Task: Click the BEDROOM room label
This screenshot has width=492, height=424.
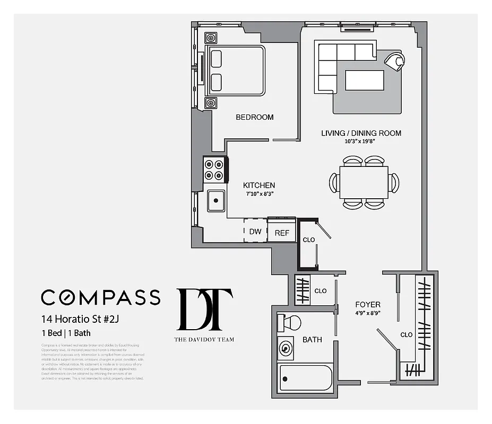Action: (x=255, y=117)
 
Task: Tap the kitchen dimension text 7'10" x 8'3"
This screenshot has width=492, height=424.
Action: (x=259, y=195)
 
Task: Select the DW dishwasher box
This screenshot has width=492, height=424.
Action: (x=255, y=232)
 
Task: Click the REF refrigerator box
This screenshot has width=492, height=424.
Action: (x=281, y=232)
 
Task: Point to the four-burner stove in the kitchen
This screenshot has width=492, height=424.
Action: (x=214, y=170)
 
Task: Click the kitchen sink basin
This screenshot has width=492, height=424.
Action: (x=215, y=201)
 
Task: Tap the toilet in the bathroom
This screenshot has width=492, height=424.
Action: (x=289, y=322)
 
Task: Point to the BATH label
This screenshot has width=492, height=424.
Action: (x=312, y=339)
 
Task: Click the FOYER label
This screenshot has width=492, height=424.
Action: (x=368, y=305)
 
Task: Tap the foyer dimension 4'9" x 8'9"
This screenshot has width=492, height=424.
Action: (x=368, y=313)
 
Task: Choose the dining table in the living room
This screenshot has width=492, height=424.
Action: (x=364, y=182)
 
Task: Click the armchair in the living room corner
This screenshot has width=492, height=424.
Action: (x=394, y=60)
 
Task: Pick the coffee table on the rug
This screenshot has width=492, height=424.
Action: (x=364, y=81)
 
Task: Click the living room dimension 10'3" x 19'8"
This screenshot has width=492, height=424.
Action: (x=361, y=142)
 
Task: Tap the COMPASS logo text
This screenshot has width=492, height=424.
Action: (x=100, y=297)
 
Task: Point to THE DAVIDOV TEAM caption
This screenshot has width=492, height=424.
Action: (x=204, y=339)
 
